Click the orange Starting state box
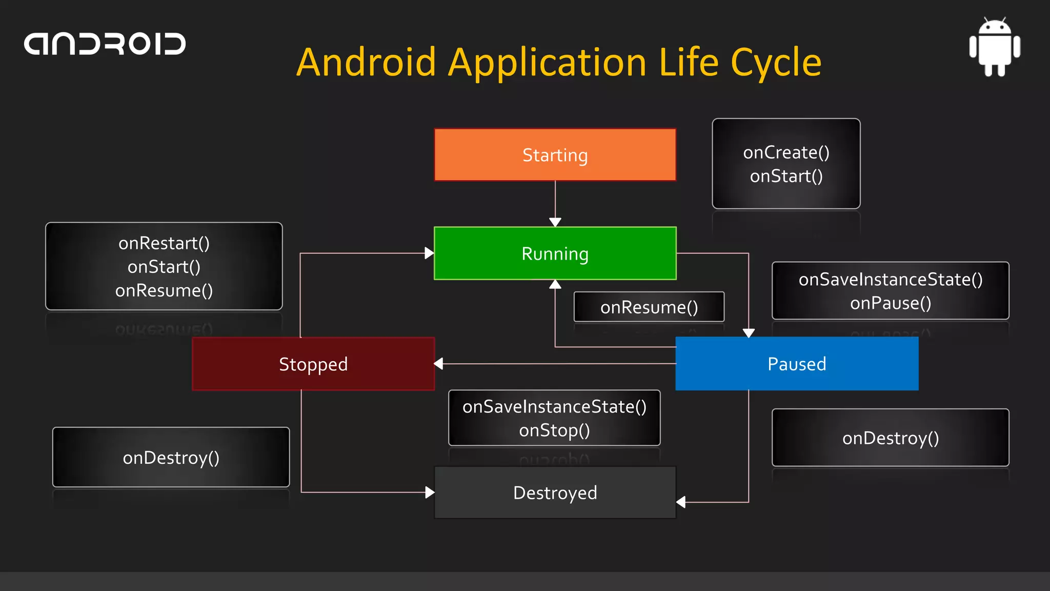point(555,154)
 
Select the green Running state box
point(555,253)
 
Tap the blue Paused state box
point(797,364)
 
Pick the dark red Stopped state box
point(313,364)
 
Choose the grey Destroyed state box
point(555,493)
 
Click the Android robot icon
point(995,47)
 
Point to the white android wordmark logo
point(105,44)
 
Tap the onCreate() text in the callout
point(786,152)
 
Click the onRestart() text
point(164,243)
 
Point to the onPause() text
point(891,303)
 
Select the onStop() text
point(554,430)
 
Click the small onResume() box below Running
point(649,307)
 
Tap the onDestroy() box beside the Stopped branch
point(171,457)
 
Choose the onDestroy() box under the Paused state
point(891,438)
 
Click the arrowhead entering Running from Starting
point(555,222)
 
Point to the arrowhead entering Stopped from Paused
point(439,364)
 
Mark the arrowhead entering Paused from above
point(749,333)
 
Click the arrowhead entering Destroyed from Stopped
point(430,493)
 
